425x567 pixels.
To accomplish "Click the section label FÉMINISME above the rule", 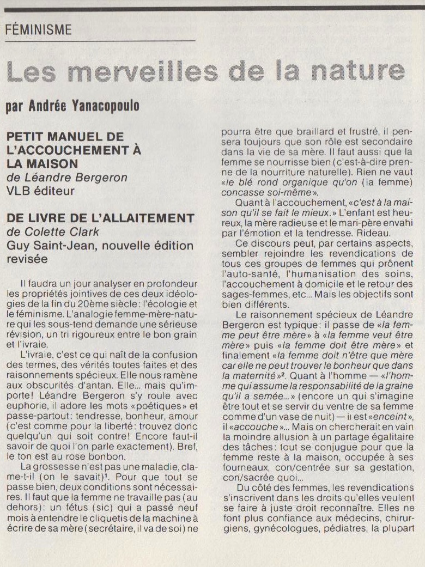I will (x=38, y=30).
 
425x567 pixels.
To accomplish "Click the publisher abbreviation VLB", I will (x=17, y=191).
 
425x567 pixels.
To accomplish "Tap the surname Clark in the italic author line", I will (x=85, y=231).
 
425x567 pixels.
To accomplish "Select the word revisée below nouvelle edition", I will (x=27, y=259).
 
